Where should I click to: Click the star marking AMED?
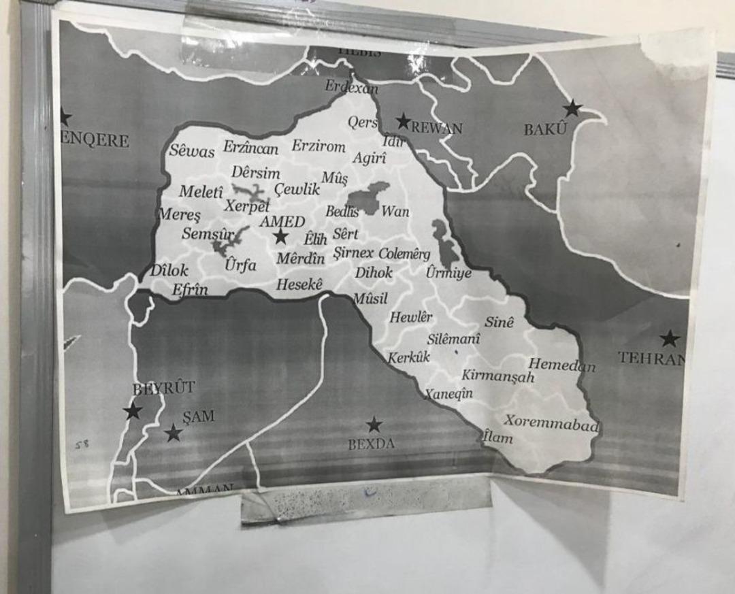pyautogui.click(x=280, y=236)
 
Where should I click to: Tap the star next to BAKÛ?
pyautogui.click(x=573, y=108)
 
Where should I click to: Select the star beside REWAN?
pyautogui.click(x=404, y=122)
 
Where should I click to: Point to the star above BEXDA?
pyautogui.click(x=374, y=425)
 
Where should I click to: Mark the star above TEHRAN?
pyautogui.click(x=670, y=339)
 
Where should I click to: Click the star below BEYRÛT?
pyautogui.click(x=133, y=411)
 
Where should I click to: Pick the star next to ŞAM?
pyautogui.click(x=174, y=433)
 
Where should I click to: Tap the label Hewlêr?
pyautogui.click(x=411, y=317)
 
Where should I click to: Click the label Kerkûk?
pyautogui.click(x=409, y=357)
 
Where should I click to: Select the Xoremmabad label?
pyautogui.click(x=551, y=423)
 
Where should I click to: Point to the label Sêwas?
pyautogui.click(x=191, y=150)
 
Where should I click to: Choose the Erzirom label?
pyautogui.click(x=318, y=146)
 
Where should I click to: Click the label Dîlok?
pyautogui.click(x=169, y=270)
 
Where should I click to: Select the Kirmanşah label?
pyautogui.click(x=498, y=376)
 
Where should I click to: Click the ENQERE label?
pyautogui.click(x=95, y=141)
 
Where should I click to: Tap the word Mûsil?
pyautogui.click(x=370, y=298)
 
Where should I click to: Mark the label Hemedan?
pyautogui.click(x=561, y=365)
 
